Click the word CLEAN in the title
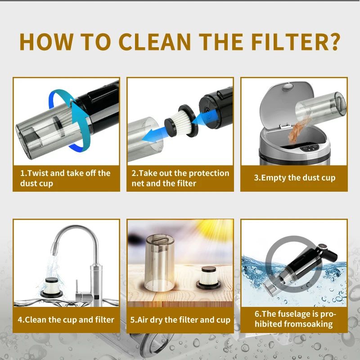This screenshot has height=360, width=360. point(154,41)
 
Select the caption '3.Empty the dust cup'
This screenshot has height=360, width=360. point(295,178)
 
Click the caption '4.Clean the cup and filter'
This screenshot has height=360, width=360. point(66,319)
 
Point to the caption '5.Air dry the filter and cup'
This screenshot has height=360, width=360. point(180,319)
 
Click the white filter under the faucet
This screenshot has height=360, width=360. point(51,288)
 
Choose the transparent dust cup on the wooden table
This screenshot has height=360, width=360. point(160,263)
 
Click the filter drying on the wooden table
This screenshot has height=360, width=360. point(208,278)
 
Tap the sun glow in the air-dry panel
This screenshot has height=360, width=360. point(213,229)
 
